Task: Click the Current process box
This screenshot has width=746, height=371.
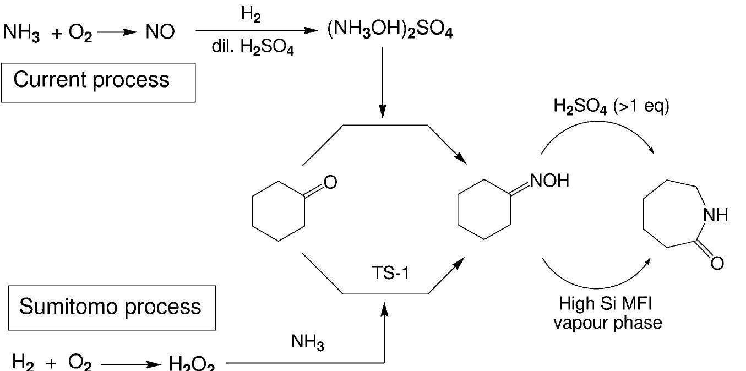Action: pos(98,82)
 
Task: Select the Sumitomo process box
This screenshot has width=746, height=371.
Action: pos(111,308)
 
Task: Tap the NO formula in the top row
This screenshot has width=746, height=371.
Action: pos(160,32)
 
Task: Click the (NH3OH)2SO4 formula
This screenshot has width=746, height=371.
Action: pos(390,31)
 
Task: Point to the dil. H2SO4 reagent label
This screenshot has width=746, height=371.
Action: pos(253,48)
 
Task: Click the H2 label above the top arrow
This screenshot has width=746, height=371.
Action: pos(251,16)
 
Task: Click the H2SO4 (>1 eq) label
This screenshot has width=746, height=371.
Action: pos(612,106)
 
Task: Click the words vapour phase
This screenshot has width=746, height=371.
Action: pos(607,322)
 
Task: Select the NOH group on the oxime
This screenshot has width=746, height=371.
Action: pos(549,181)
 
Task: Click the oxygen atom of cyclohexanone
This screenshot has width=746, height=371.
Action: pos(330,182)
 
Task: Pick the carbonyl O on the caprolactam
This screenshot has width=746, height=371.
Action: pos(717,263)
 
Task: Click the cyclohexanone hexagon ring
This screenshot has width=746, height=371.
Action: pos(278,211)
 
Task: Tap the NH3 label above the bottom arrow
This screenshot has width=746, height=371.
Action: pos(308,344)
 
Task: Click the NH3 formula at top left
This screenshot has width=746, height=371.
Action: pos(21,32)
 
